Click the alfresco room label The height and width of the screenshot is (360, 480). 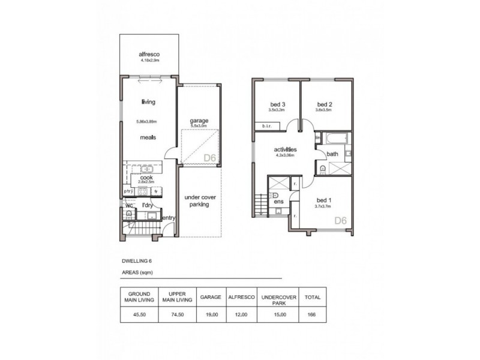point(149,55)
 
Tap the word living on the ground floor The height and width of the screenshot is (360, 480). point(149,101)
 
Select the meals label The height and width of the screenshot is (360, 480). point(148,137)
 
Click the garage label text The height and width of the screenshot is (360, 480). point(199,121)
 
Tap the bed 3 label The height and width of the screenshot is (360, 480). point(277,103)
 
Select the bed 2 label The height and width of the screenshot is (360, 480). point(325,103)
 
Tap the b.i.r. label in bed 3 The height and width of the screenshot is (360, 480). point(266,126)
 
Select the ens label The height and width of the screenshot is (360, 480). point(278,202)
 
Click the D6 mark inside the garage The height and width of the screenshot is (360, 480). point(209,158)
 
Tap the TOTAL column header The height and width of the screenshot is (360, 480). point(313,297)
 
